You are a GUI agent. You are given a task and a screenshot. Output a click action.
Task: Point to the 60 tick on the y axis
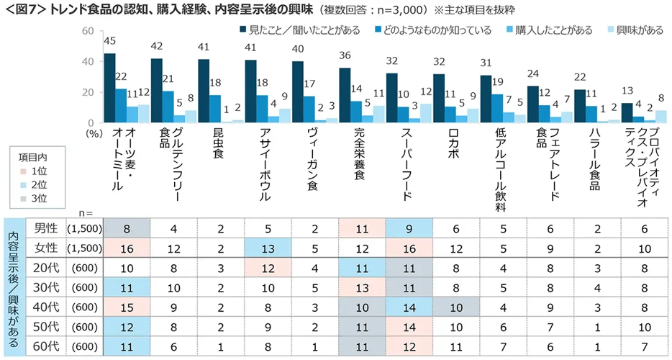point(88,31)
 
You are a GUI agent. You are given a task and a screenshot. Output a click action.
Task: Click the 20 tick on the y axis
point(88,92)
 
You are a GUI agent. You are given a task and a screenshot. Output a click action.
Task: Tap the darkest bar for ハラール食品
point(581,106)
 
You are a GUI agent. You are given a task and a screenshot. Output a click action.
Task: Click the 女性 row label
point(47,248)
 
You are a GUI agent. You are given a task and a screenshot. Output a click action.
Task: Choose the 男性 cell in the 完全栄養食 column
point(361,228)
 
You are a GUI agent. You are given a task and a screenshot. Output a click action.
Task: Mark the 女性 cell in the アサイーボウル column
point(268,248)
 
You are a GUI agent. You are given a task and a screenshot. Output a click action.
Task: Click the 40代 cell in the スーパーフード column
point(408,306)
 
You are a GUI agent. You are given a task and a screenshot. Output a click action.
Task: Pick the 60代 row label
point(47,346)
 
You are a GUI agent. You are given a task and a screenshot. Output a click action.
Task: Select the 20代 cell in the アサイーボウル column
point(268,267)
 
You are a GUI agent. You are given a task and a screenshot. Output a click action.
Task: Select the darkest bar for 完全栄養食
point(345,95)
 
